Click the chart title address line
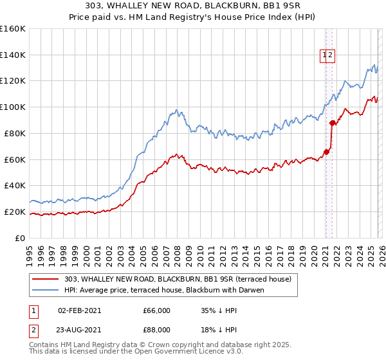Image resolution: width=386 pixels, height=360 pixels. pos(193,6)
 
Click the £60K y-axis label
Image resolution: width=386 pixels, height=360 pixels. pos(15,159)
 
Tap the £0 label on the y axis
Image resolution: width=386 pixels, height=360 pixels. pos(20,238)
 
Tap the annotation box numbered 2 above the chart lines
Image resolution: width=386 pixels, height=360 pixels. pos(330,55)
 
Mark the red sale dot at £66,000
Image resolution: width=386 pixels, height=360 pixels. pos(326,152)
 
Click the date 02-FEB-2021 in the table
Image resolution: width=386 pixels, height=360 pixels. pos(79,310)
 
